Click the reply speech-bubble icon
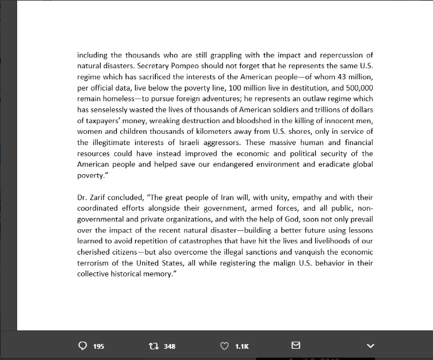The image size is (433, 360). pyautogui.click(x=83, y=346)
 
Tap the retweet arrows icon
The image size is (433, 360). pyautogui.click(x=153, y=346)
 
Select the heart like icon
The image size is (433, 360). pyautogui.click(x=224, y=346)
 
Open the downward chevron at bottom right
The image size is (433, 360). pyautogui.click(x=371, y=346)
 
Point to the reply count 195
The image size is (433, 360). pyautogui.click(x=99, y=346)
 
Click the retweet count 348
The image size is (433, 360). pyautogui.click(x=169, y=346)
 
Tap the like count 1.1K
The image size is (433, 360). pyautogui.click(x=242, y=346)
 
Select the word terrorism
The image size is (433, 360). pyautogui.click(x=95, y=263)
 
